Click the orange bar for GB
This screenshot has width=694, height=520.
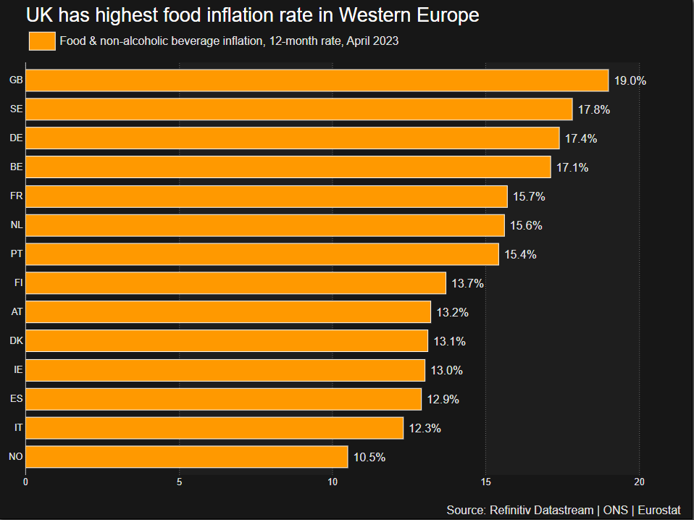coord(317,80)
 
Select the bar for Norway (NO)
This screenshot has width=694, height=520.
coord(186,457)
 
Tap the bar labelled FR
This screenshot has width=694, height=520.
coord(266,196)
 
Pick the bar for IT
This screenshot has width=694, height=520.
coord(214,428)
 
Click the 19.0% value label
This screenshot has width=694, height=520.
coord(630,80)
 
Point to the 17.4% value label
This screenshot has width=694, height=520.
coord(581,138)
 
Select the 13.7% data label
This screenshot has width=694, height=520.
coord(467,283)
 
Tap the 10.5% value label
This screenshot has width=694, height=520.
coord(369,457)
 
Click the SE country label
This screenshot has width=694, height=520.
coord(16,109)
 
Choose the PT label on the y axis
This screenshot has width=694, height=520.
coord(16,254)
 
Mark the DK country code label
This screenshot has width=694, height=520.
coord(16,341)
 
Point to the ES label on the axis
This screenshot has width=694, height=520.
coord(16,399)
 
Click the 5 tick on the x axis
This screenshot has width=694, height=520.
coord(179,482)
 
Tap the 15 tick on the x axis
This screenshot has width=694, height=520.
coord(486,482)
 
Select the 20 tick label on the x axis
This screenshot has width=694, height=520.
coord(639,482)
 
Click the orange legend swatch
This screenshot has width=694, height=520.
coord(42,41)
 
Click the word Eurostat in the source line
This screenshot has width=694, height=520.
coord(659,510)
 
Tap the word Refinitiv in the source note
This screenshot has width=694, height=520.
coord(511,510)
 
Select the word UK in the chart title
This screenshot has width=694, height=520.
coord(38,14)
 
